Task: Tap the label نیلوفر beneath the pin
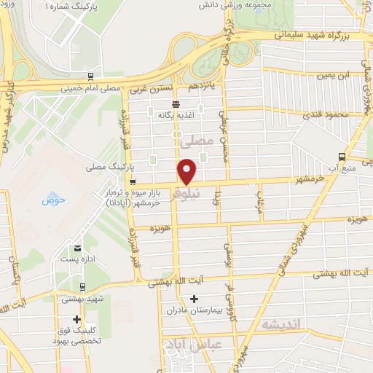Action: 187,195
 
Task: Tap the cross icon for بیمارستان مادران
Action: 194,298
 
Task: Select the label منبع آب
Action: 342,168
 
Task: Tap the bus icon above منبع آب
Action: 342,156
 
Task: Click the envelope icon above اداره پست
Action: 77,247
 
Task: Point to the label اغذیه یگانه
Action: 175,115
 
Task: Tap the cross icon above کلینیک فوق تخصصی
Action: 76,319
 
